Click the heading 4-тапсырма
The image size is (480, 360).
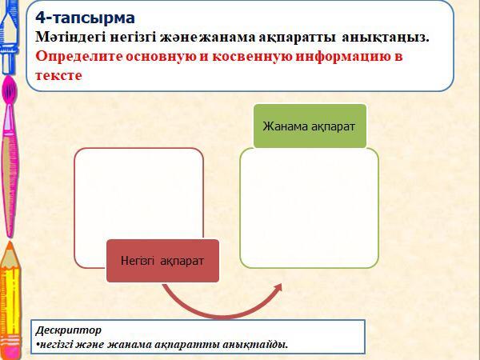point(85,18)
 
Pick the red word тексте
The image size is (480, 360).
point(58,76)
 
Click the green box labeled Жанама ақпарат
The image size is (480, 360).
point(310,126)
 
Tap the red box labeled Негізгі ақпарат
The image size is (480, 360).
point(162,261)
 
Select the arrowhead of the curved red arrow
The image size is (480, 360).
point(277,288)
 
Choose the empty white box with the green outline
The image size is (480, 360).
point(309,208)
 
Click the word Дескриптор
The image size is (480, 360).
point(68,330)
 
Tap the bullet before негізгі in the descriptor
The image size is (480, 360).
point(38,345)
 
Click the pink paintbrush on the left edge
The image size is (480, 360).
point(9,156)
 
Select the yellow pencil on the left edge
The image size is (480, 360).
point(10,300)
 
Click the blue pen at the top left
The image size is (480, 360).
point(9,37)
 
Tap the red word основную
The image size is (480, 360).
point(161,57)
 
